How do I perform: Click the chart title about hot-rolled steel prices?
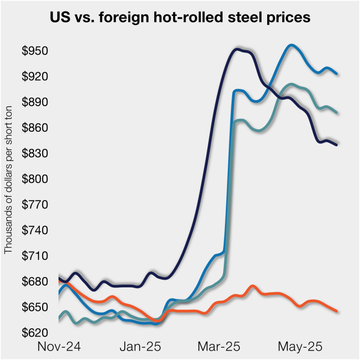tap(180, 18)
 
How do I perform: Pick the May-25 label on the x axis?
tap(300, 347)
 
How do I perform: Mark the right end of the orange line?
tap(336, 311)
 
